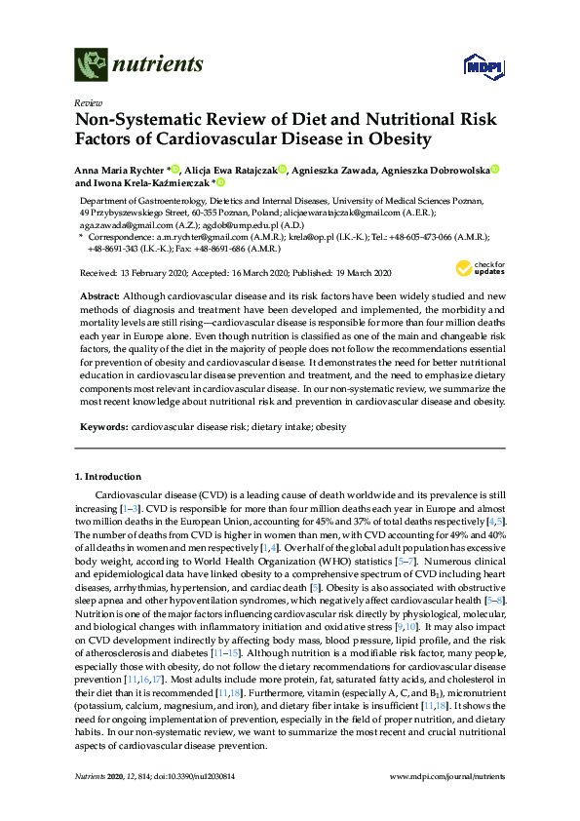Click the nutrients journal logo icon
coord(92,65)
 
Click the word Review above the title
coord(89,101)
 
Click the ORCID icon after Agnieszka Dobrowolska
coord(495,170)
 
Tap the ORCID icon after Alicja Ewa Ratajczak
coord(282,170)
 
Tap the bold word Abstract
coord(100,293)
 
